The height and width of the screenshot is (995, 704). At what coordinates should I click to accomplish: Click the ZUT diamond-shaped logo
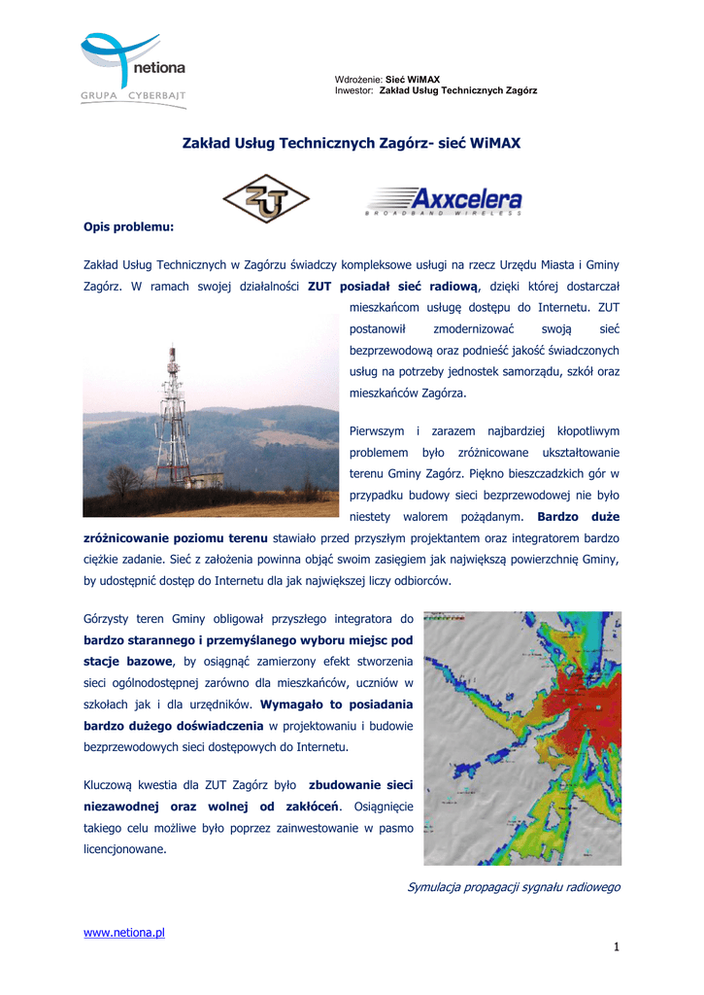[x=266, y=198]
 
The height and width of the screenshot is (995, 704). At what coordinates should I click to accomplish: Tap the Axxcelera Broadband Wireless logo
[x=444, y=200]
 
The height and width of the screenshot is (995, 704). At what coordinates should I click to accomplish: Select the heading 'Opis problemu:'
[x=128, y=226]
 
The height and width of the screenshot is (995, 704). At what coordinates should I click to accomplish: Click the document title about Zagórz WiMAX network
[x=352, y=143]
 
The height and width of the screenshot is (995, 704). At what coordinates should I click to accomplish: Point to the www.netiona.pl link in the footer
[x=124, y=933]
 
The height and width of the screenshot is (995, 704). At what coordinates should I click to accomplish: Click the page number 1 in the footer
[x=616, y=947]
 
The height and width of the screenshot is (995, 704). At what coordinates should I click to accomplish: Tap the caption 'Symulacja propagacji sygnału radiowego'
[x=514, y=887]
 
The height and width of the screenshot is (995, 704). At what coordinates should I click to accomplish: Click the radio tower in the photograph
[x=173, y=418]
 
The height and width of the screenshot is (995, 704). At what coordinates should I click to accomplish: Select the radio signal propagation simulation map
[x=522, y=738]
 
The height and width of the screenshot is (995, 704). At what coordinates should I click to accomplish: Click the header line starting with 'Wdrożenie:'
[x=387, y=79]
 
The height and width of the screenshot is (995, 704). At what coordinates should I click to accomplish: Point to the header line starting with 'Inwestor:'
[x=436, y=90]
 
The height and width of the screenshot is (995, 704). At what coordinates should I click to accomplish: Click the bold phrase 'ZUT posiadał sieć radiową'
[x=393, y=287]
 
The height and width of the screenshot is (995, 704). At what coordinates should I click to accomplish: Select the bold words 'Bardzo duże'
[x=578, y=516]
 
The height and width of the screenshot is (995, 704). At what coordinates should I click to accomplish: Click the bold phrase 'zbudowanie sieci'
[x=360, y=784]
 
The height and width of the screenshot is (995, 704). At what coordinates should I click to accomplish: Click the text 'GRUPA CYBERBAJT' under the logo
[x=133, y=96]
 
